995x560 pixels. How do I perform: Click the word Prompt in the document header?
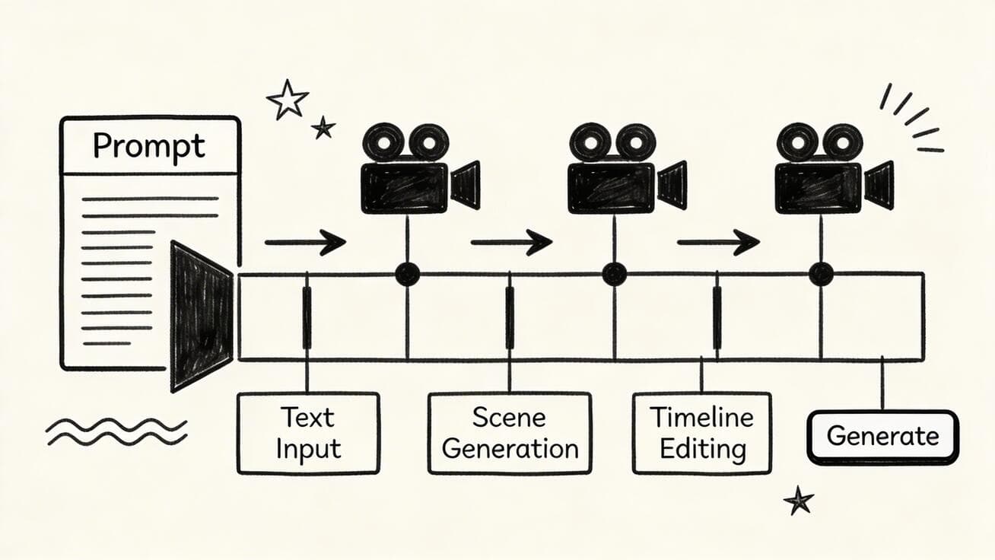[149, 145]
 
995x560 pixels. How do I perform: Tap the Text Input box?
[307, 433]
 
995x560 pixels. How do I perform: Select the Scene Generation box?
[510, 433]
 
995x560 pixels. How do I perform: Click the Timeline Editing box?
[701, 433]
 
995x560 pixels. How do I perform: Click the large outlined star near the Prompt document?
[288, 100]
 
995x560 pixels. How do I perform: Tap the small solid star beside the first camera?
[323, 128]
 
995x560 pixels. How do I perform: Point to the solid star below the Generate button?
[798, 501]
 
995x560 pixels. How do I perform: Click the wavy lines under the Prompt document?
[116, 431]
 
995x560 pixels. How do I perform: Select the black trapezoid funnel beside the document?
[199, 315]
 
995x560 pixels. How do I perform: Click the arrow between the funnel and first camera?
[304, 243]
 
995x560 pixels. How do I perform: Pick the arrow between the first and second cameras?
[510, 243]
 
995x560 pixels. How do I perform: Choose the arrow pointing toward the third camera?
[717, 243]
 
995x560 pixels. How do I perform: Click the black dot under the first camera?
[407, 274]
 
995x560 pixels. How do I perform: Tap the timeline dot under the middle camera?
[614, 274]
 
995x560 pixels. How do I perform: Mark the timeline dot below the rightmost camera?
[821, 274]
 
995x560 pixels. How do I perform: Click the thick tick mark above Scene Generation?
[510, 317]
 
